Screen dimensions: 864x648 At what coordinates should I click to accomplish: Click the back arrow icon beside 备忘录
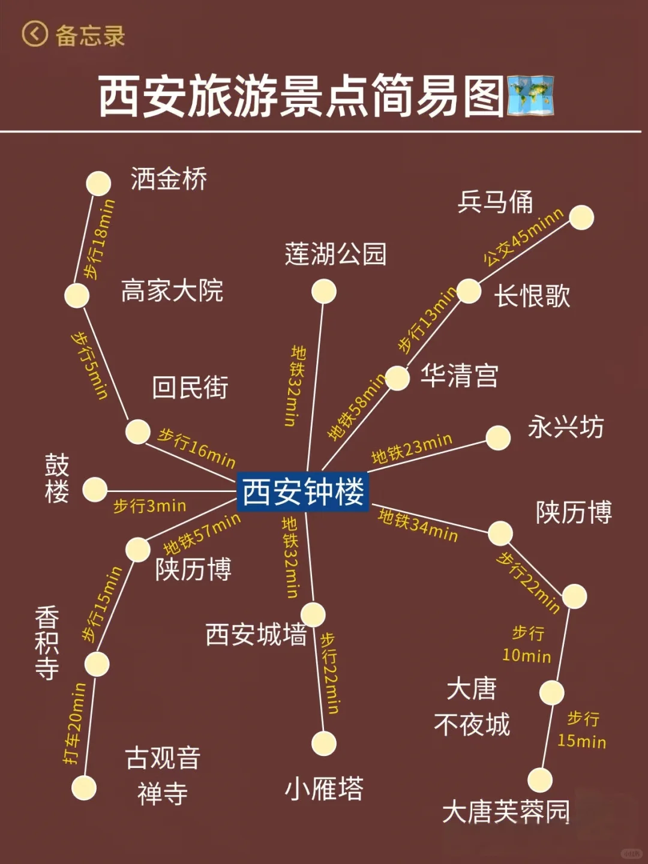35,34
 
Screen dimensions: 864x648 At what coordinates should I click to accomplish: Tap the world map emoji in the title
530,95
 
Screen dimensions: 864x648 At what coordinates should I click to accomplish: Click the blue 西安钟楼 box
302,491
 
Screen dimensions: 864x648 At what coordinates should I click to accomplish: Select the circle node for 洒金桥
98,184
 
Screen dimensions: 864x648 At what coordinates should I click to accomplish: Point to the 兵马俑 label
495,202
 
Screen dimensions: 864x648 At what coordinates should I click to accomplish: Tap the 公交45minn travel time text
523,236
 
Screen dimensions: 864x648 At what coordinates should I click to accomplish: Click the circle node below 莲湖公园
324,292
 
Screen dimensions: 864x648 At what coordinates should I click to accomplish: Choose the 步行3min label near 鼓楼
149,506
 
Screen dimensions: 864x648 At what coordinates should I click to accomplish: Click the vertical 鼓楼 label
57,478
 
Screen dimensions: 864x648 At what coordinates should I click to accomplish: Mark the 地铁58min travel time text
357,407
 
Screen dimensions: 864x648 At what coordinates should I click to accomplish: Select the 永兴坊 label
565,427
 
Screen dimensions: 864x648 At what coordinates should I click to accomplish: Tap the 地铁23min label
412,449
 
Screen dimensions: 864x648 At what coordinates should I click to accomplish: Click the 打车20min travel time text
75,723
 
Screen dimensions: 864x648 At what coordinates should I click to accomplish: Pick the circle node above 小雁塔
324,743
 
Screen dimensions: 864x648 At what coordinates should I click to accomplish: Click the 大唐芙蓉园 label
506,812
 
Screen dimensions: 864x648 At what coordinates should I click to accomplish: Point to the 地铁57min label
202,534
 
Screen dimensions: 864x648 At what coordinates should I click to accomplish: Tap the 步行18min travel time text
99,239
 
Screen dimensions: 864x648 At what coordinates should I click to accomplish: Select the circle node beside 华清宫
397,378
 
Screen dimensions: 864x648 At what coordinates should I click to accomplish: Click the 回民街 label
190,388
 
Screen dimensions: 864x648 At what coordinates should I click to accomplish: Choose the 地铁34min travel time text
418,525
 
